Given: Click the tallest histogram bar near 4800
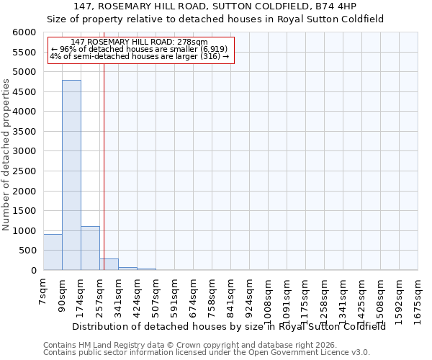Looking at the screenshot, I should [x=71, y=175].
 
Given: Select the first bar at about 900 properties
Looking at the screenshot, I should [x=53, y=252].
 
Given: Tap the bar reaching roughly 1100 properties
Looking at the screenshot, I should [x=90, y=248].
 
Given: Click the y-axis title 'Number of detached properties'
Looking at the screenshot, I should [x=6, y=156].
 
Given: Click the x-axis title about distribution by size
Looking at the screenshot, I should [x=229, y=325].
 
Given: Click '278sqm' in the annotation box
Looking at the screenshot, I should [x=194, y=42].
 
